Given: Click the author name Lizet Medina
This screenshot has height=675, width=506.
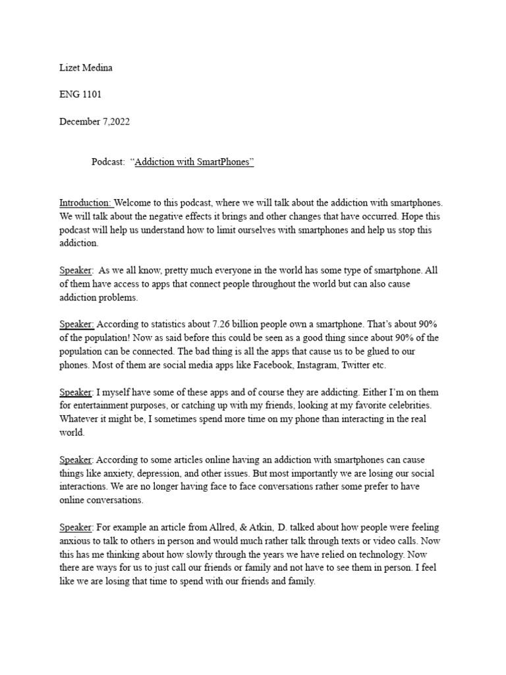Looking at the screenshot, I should pos(86,67).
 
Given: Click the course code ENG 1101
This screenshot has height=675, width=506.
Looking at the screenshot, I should pos(80,95).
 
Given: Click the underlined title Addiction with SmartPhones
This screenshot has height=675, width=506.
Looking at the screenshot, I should pos(194,163).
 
